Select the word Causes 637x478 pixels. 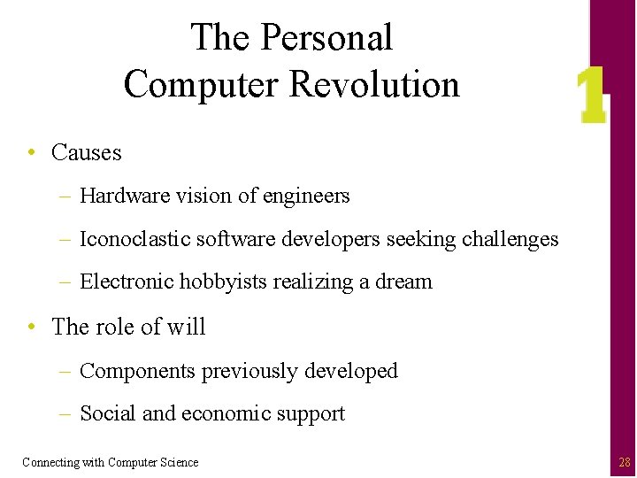[87, 152]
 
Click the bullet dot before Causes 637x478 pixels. [32, 152]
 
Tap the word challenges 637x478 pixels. [510, 240]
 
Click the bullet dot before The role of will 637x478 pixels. [32, 327]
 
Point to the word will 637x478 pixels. [187, 327]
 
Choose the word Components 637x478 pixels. [138, 372]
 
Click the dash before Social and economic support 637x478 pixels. [67, 414]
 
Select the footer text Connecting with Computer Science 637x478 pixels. [111, 462]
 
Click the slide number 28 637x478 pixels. [625, 462]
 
